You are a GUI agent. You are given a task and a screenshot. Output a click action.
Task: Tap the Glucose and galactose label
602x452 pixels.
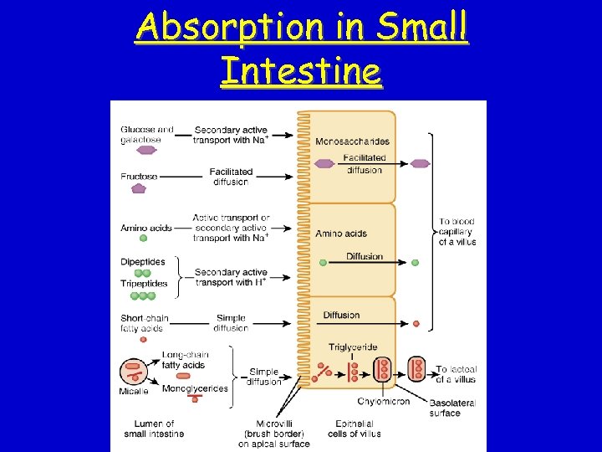(147, 134)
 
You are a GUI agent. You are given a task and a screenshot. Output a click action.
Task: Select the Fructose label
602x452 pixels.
(139, 177)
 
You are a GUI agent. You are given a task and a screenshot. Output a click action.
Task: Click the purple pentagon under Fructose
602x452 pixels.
(139, 189)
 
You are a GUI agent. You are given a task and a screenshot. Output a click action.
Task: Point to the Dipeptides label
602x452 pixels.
(143, 261)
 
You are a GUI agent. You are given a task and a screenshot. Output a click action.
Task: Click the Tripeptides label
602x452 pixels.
(144, 284)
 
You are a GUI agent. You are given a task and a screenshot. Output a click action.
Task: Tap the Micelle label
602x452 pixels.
(134, 391)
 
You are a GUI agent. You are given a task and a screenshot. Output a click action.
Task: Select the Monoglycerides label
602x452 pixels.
(195, 388)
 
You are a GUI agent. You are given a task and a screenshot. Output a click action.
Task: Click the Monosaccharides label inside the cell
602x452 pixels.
(352, 141)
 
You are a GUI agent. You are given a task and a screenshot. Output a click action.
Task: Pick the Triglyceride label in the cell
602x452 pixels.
(352, 347)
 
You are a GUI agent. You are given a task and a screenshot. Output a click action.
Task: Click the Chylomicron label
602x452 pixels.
(384, 402)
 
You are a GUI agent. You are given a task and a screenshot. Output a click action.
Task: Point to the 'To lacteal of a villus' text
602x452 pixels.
(457, 374)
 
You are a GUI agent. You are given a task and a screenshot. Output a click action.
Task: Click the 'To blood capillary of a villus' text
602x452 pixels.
(457, 232)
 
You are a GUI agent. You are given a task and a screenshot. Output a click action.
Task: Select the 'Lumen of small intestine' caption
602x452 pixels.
(152, 429)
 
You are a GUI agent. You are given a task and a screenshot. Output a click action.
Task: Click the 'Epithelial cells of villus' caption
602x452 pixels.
(358, 429)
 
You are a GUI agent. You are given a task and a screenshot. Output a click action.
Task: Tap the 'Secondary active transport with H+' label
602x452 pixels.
(231, 277)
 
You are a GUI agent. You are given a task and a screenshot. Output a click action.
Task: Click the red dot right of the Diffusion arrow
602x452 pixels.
(416, 323)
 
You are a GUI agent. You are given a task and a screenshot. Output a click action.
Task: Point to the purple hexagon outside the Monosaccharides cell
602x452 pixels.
(421, 163)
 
